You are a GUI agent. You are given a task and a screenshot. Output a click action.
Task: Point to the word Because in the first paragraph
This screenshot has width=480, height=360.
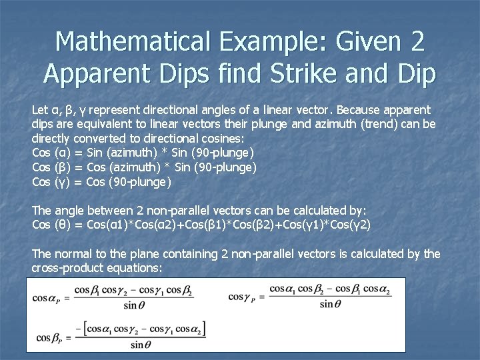point(363,109)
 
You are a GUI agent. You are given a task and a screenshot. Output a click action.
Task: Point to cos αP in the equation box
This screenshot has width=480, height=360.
point(49,297)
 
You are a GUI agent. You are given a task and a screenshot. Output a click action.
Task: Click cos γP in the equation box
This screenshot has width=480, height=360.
point(244,297)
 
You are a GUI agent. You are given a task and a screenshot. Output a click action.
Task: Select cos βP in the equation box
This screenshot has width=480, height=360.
point(48,338)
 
